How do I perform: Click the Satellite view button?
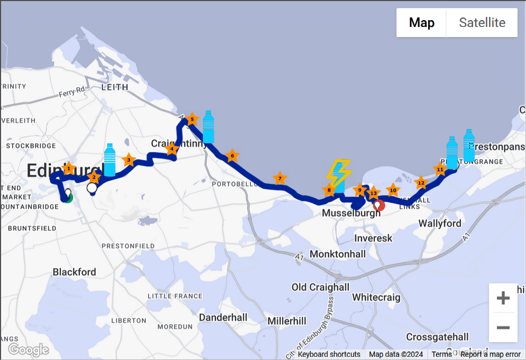coord(482,23)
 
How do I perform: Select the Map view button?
coord(421,23)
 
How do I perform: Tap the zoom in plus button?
coord(503,298)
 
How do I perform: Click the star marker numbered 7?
coord(279,179)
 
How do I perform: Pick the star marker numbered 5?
coord(192,119)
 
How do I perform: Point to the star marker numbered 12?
coord(421,183)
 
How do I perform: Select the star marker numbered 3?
coord(128,160)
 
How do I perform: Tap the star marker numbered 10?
coord(393,190)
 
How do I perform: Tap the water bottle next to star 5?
coord(209,127)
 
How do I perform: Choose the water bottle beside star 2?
coord(109,160)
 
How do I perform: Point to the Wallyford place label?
coord(440,224)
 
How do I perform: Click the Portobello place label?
coord(233,184)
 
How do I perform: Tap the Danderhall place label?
coord(223,318)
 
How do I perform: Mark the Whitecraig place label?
coord(376,297)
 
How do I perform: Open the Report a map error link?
coord(490,354)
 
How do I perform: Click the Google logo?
coord(29,349)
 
